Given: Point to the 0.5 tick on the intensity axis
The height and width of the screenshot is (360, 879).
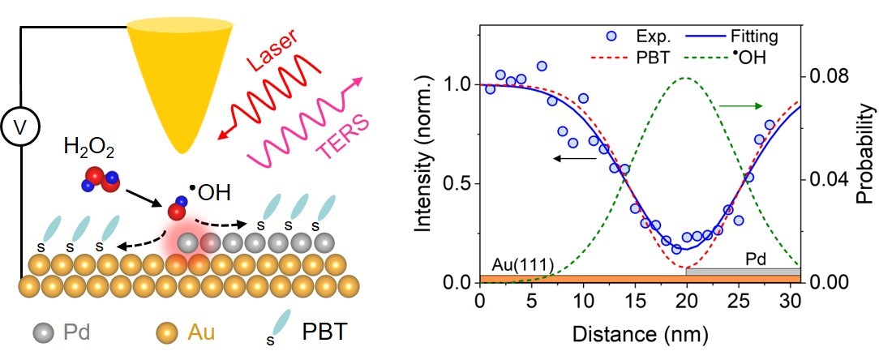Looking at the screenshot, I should click(460, 183).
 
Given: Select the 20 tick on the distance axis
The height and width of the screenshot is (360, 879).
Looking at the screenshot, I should click(686, 302).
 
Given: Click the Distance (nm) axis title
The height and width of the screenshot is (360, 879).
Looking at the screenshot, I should click(640, 334).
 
